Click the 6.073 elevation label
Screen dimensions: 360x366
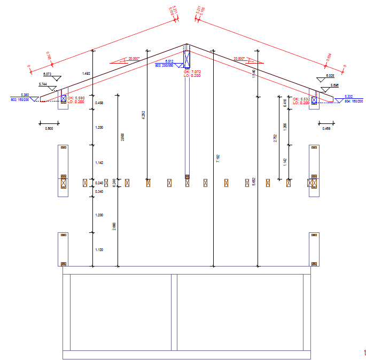(47, 74)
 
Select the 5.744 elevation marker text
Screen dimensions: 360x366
(43, 84)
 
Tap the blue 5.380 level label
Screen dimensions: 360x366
(25, 95)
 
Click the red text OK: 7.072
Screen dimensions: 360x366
(192, 72)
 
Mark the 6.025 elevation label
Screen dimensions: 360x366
(330, 76)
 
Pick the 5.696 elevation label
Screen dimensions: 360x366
(334, 85)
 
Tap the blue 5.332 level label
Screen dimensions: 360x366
(348, 96)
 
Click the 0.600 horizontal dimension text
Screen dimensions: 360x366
(49, 129)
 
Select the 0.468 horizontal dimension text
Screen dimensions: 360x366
(326, 129)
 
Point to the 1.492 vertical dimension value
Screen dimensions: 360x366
(85, 73)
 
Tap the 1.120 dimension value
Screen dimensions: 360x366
(99, 249)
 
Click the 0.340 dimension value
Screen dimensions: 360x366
(99, 191)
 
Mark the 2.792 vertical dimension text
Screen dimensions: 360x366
(275, 138)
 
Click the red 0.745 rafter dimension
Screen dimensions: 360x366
(49, 56)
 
